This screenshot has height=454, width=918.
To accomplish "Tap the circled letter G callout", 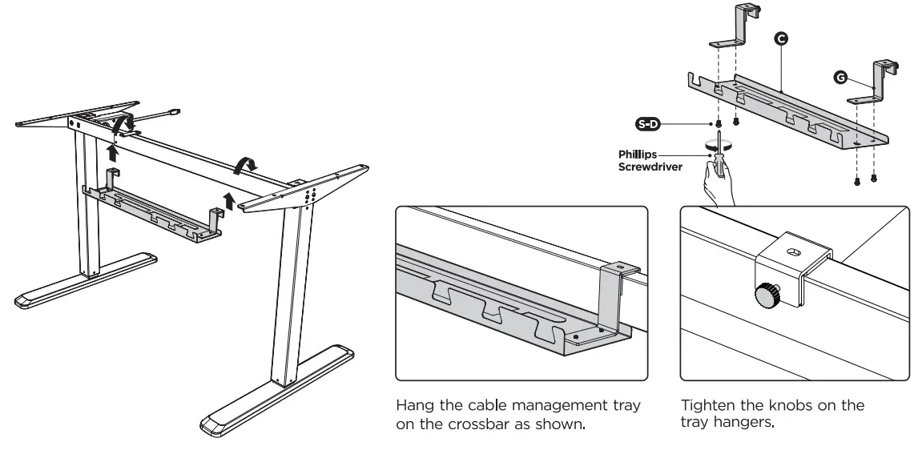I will [839, 76].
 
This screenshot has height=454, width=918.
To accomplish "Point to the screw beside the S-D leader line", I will [719, 124].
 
